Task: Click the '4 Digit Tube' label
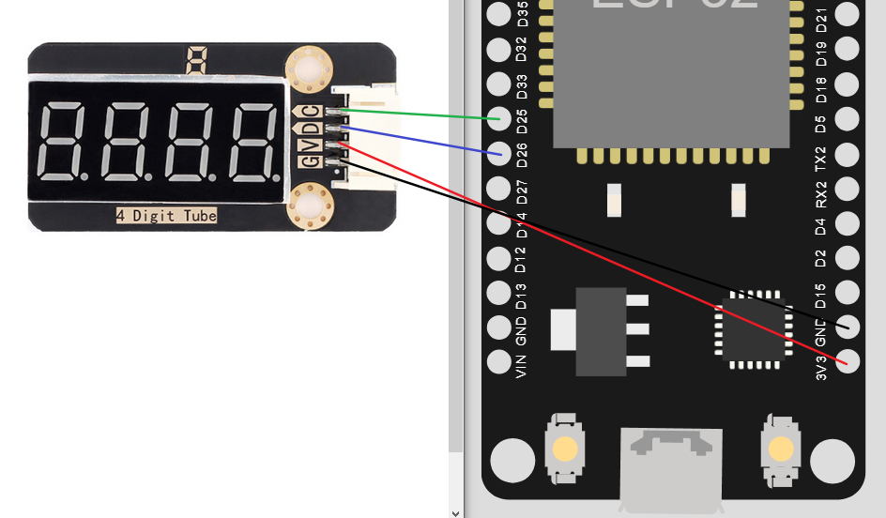coord(166,216)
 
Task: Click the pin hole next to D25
coord(499,119)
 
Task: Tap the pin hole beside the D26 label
coord(499,154)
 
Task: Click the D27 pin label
coord(523,190)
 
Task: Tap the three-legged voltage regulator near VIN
coord(601,331)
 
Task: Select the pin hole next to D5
coord(848,119)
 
